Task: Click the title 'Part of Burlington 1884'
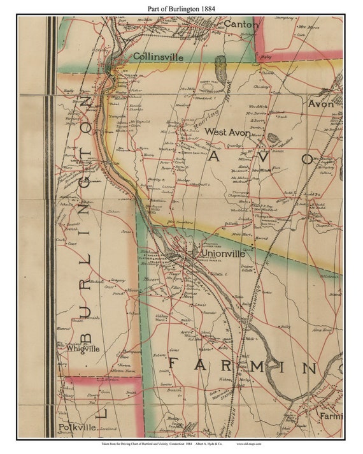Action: click(181, 7)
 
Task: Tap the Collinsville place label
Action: click(158, 57)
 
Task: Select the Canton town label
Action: click(241, 24)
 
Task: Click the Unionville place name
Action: click(222, 253)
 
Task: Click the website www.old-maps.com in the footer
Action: click(254, 443)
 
